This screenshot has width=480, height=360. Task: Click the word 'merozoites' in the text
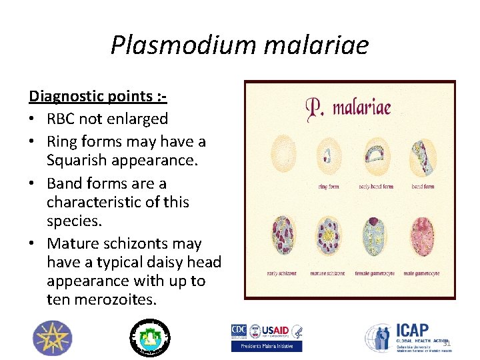tap(111, 300)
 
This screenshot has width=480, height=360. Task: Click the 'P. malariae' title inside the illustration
tap(347, 107)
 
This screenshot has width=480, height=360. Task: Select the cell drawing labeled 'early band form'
tap(374, 155)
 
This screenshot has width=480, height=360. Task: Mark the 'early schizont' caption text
tap(281, 273)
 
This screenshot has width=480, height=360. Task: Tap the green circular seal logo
tap(149, 337)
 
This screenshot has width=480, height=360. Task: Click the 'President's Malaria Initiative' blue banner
tap(267, 346)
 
